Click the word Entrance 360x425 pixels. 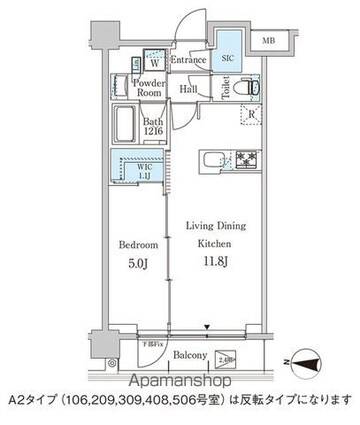pos(187,61)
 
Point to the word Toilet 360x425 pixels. pos(225,90)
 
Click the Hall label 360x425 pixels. pos(188,89)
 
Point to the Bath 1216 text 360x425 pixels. pos(151,129)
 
